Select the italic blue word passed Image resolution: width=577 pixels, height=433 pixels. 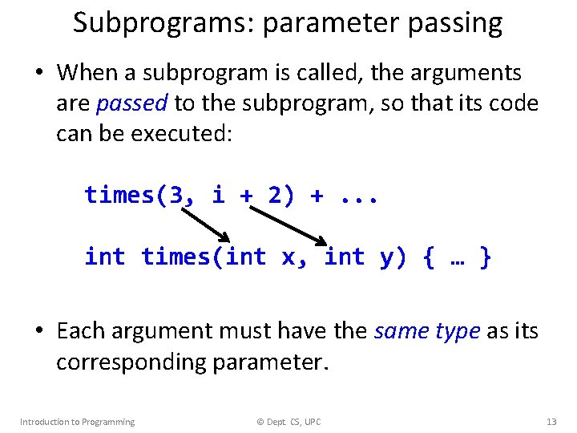coord(131,103)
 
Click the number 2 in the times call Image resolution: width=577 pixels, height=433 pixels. coord(275,195)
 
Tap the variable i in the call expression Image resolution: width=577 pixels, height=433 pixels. coord(218,195)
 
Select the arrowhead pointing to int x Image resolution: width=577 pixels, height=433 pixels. coord(226,238)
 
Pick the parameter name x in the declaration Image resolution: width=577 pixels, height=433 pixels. coord(289,257)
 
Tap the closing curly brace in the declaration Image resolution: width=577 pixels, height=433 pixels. coord(485,257)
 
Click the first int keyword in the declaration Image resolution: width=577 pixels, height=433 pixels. coord(105,257)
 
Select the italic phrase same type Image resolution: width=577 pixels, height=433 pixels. coord(427,330)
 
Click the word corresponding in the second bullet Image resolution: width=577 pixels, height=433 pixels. coord(132,362)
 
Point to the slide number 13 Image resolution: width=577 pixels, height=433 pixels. coord(551,422)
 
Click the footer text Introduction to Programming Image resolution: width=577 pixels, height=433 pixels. coord(77,422)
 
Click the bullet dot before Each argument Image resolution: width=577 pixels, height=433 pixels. coord(38,331)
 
